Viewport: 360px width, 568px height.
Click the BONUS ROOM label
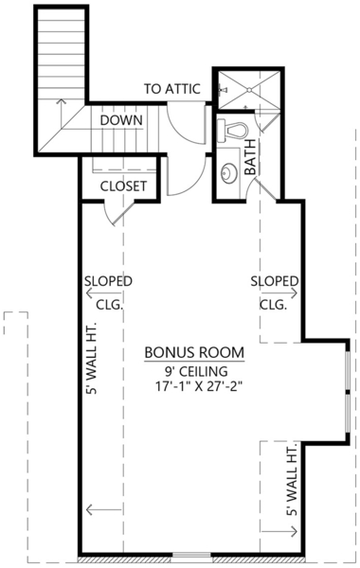(x=194, y=352)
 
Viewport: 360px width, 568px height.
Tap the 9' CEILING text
(x=194, y=370)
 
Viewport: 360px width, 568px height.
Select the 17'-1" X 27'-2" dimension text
(x=194, y=386)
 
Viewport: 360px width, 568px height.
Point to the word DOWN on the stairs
(x=121, y=120)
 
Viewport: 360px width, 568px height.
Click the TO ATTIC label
(x=171, y=89)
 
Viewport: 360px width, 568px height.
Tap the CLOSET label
(x=123, y=186)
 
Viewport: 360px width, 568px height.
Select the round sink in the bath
(x=227, y=172)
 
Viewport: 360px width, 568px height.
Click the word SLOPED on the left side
(x=107, y=282)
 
